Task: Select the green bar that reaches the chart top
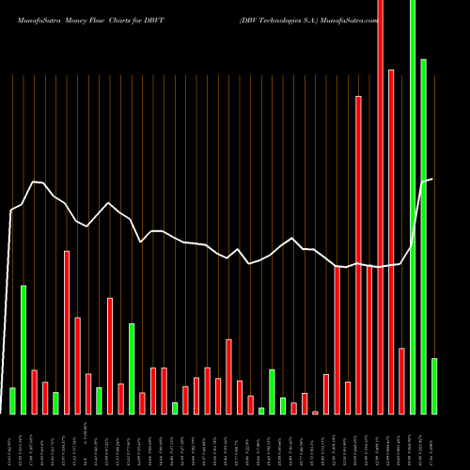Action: (x=413, y=207)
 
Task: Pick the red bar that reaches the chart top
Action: (x=380, y=207)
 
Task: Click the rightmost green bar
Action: (x=434, y=385)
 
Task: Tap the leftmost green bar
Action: (x=12, y=400)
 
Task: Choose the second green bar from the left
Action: (x=23, y=349)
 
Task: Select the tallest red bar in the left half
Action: (x=67, y=332)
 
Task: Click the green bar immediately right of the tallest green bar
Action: (x=424, y=236)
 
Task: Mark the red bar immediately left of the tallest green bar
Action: (x=401, y=381)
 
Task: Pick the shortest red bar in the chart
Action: (x=315, y=412)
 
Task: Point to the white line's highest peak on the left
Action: (x=35, y=181)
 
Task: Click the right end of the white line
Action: (x=432, y=179)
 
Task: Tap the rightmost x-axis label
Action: (x=432, y=442)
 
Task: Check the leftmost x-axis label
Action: (x=12, y=442)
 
